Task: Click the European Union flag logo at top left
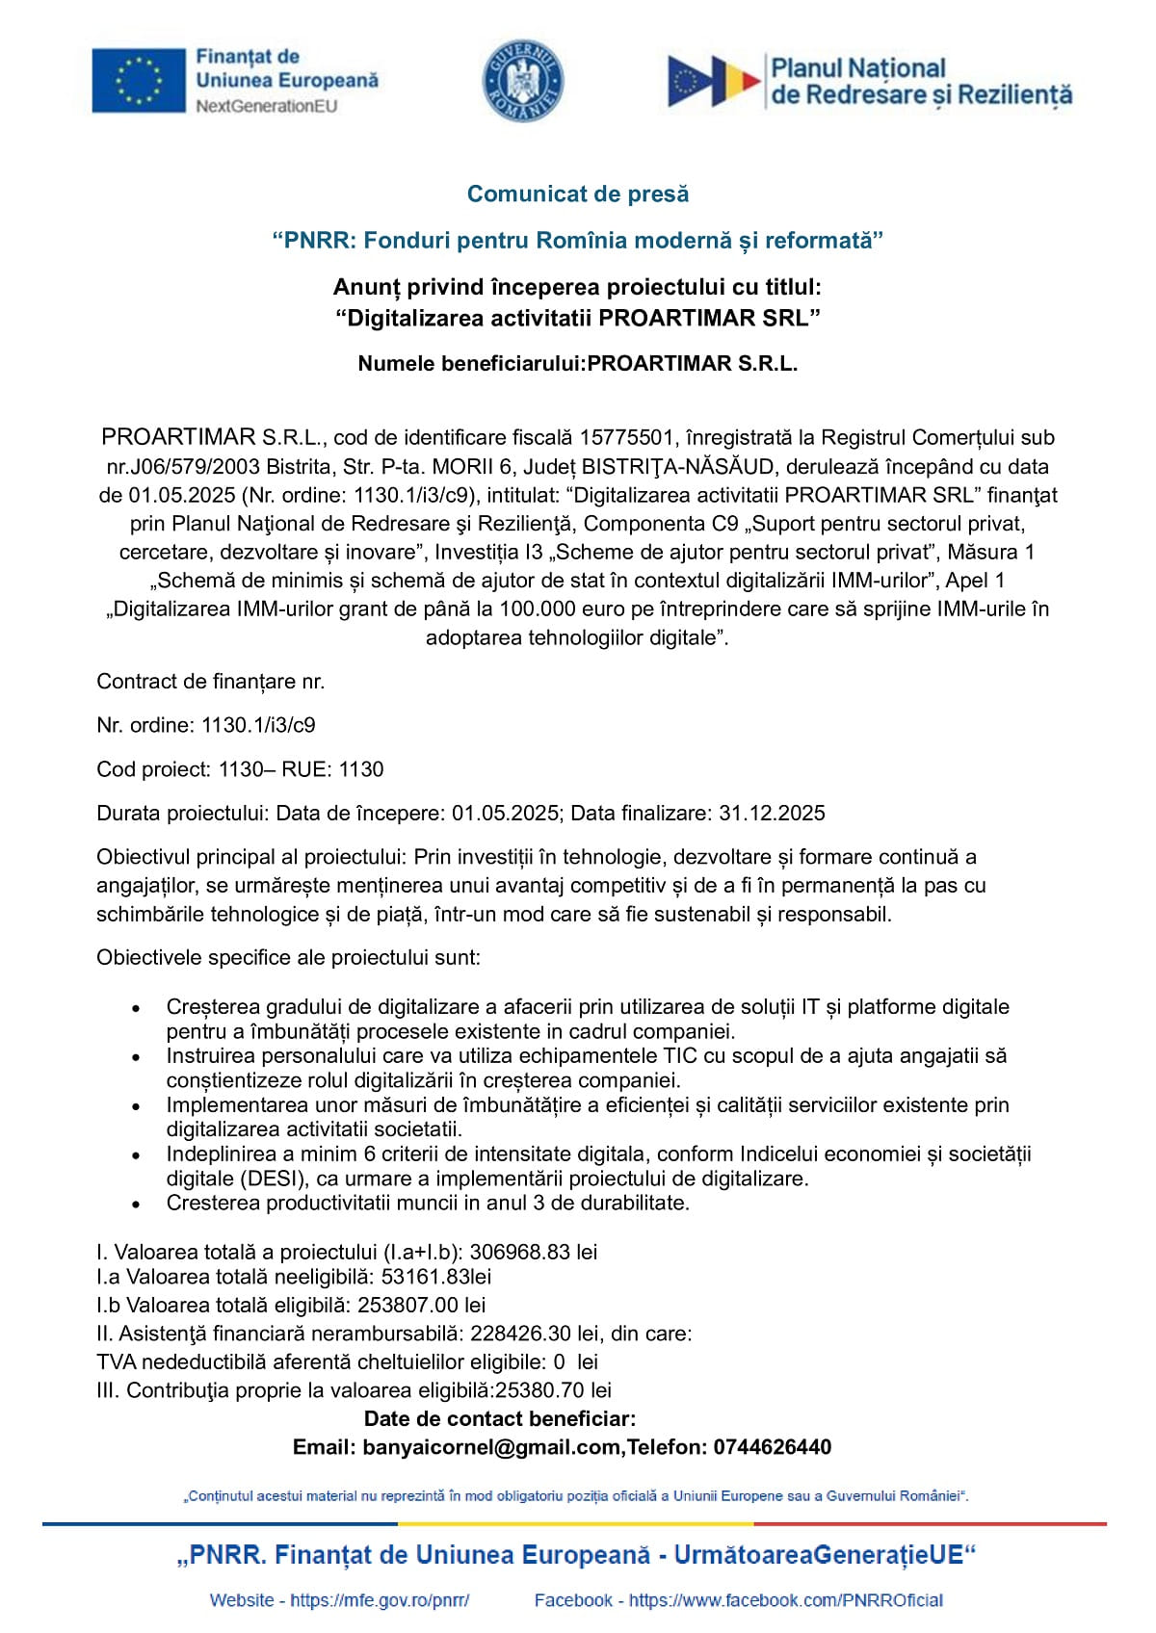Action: click(x=139, y=80)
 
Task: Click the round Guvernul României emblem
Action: click(x=523, y=81)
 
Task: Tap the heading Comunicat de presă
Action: click(x=578, y=194)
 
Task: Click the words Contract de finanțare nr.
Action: click(x=211, y=682)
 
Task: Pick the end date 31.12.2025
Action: click(x=772, y=813)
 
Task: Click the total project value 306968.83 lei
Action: click(x=533, y=1252)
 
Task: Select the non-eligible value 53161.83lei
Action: click(x=436, y=1277)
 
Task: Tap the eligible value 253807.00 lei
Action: click(x=422, y=1305)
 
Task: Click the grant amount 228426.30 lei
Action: click(x=534, y=1334)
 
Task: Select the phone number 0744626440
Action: click(x=771, y=1447)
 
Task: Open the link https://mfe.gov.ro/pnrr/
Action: click(x=380, y=1600)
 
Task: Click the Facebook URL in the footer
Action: click(x=785, y=1600)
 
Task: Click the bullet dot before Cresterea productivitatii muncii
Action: click(x=137, y=1204)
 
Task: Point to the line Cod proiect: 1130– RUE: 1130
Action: click(x=240, y=769)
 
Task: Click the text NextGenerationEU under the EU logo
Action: click(x=267, y=106)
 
